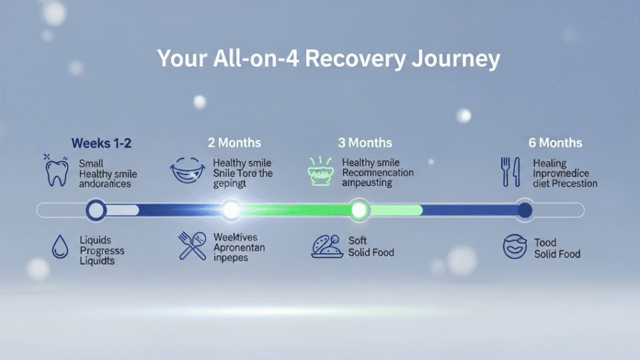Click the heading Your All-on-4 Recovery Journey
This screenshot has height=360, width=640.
tap(328, 59)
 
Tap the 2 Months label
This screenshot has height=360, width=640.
tap(234, 143)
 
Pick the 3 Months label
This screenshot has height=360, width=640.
tap(365, 143)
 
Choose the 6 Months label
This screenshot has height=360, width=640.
tap(555, 143)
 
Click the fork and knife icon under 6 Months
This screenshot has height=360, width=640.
tap(510, 172)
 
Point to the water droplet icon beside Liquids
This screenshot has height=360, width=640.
tap(60, 247)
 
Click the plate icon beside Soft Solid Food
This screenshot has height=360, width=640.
tap(327, 247)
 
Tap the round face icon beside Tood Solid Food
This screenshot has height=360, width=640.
tap(515, 247)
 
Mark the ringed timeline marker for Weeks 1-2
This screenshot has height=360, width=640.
tap(96, 210)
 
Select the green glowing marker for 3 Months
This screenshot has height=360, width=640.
tap(359, 210)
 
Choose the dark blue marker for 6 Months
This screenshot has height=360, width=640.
tap(524, 210)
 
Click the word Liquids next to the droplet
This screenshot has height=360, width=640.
tap(94, 239)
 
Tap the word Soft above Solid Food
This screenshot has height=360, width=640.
tap(357, 241)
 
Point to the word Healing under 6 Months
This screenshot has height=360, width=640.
tap(549, 164)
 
